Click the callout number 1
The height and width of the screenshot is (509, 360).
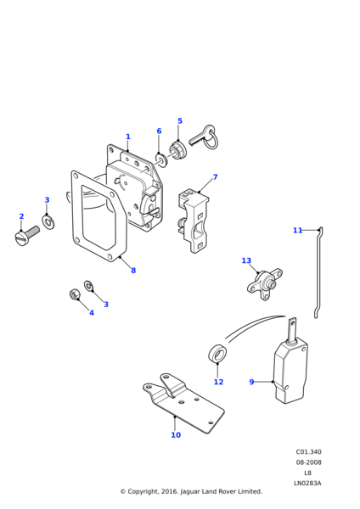tap(128, 137)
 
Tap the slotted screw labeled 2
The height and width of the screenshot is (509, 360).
tap(27, 236)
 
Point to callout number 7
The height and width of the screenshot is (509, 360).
tap(215, 177)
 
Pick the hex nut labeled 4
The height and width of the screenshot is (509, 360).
tap(75, 294)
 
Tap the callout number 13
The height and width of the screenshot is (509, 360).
tap(246, 260)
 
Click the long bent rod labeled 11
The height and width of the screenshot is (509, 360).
tap(318, 272)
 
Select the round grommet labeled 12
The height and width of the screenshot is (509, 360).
tap(217, 353)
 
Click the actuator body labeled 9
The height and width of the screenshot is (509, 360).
tap(290, 370)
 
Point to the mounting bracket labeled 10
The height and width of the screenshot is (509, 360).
tap(183, 403)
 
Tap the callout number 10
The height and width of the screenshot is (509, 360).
tap(176, 434)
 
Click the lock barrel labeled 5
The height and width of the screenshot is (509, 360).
tap(177, 150)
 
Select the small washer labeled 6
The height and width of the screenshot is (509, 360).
tap(160, 159)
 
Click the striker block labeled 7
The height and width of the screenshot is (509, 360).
tap(194, 221)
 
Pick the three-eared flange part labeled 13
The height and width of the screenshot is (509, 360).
tap(264, 283)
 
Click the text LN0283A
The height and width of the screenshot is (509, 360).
tap(307, 483)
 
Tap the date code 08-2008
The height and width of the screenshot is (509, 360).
tap(308, 462)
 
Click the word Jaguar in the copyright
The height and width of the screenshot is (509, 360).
tap(190, 491)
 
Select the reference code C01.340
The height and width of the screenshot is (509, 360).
tap(308, 451)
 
